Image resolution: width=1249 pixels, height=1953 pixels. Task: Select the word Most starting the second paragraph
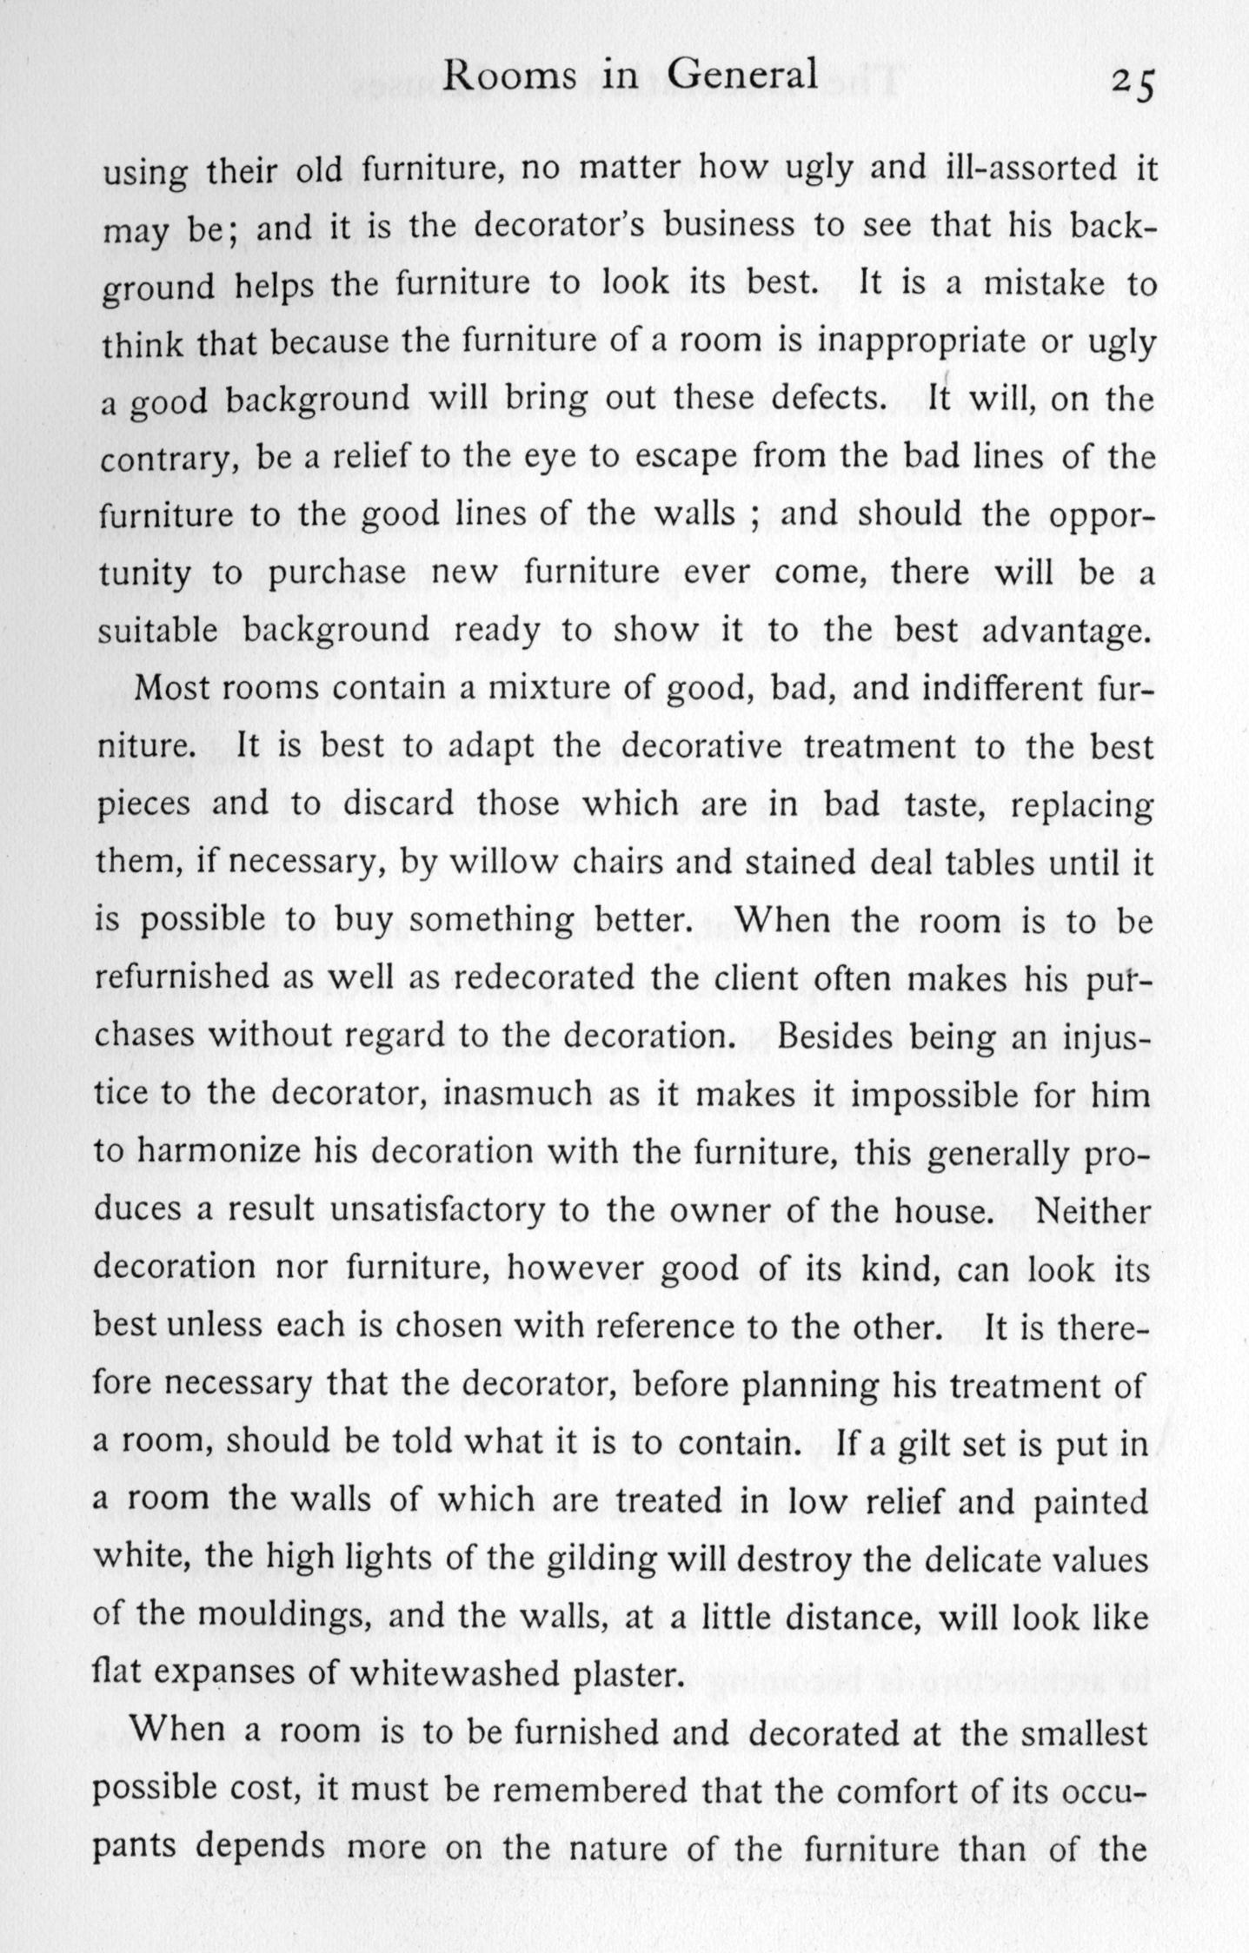171,688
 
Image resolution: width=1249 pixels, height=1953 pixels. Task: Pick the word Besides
832,1035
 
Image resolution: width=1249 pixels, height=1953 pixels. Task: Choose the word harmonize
218,1151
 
